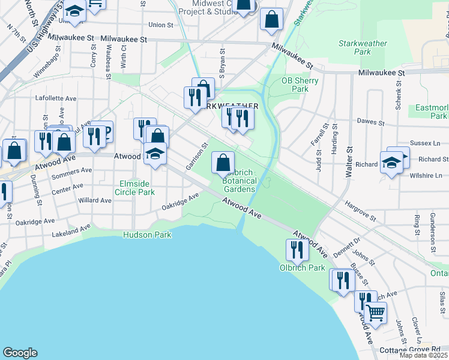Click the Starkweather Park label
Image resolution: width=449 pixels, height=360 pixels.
point(363,47)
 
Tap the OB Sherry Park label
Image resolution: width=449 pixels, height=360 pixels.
point(295,85)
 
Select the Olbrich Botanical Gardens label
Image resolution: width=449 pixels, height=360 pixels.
point(240,181)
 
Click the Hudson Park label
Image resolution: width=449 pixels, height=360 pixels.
point(148,235)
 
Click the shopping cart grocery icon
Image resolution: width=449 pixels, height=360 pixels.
point(375,312)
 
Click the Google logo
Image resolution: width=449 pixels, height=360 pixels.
point(20,353)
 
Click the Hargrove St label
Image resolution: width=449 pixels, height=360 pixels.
point(360,211)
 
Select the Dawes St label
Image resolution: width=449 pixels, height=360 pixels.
point(370,122)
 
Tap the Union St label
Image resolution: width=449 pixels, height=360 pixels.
point(160,25)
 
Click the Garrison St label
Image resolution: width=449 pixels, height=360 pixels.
point(197,155)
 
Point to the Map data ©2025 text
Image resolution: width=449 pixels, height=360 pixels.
point(423,355)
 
